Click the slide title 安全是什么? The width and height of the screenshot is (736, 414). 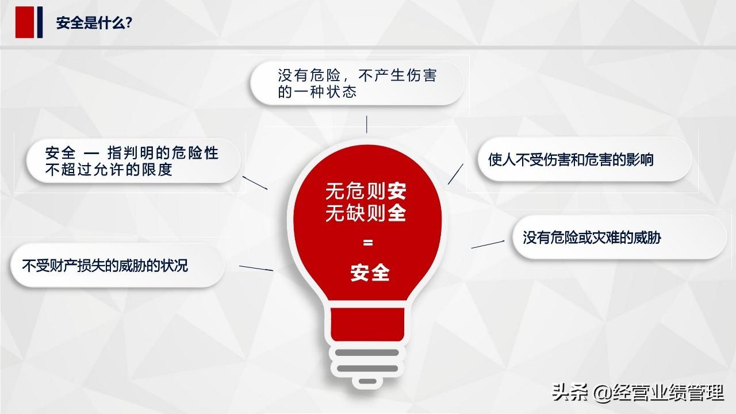(x=94, y=23)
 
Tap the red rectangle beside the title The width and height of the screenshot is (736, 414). (x=25, y=22)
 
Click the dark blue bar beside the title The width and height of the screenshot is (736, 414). (x=40, y=22)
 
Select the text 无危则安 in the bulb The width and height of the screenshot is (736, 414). (x=366, y=191)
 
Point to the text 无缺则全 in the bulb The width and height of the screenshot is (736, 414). (x=366, y=213)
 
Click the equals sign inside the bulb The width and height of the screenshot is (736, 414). (x=368, y=243)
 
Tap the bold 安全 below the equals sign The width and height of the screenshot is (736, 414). (x=370, y=273)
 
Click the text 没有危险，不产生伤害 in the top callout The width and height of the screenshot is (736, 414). (x=357, y=75)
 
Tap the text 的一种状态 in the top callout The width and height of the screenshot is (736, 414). (x=317, y=91)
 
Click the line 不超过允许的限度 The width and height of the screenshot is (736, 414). (x=109, y=170)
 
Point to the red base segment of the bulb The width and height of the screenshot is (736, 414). (x=367, y=325)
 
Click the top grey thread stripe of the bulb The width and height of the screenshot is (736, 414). (x=367, y=352)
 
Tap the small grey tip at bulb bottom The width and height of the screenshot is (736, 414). (x=367, y=381)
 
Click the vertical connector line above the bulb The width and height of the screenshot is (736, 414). (x=367, y=124)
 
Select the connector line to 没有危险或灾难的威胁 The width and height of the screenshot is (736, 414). (x=488, y=244)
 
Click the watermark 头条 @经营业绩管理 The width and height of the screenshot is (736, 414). (x=638, y=393)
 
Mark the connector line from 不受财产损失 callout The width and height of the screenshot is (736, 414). (x=256, y=268)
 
